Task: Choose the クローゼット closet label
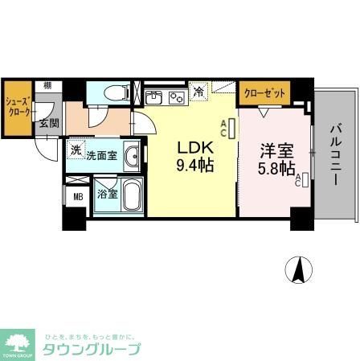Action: pos(265,93)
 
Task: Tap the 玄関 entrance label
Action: pos(49,123)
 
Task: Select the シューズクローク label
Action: pos(17,107)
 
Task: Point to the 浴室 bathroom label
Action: pos(107,195)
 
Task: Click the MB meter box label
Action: pos(78,196)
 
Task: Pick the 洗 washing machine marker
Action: pos(76,150)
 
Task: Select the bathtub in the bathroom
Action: pos(130,195)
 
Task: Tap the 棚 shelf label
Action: pos(47,85)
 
